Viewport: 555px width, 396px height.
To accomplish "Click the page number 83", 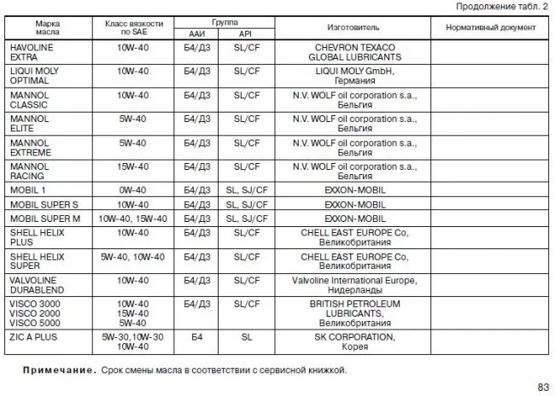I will pyautogui.click(x=543, y=387).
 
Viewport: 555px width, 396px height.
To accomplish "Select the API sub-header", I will pyautogui.click(x=246, y=33).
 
